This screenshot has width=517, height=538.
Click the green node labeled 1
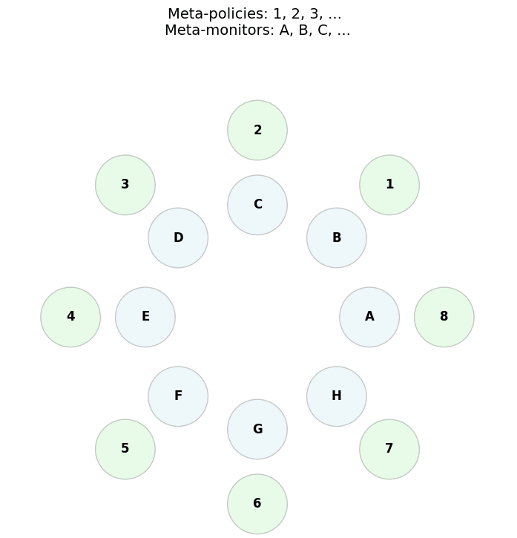coord(389,185)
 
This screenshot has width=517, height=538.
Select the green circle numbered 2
coord(257,131)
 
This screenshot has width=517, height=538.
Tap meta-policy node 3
coord(125,185)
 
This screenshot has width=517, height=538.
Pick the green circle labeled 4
coord(70,317)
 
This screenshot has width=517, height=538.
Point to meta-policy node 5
coord(125,449)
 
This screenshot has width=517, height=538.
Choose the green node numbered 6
coord(257,504)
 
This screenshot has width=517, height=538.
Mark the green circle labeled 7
coord(389,449)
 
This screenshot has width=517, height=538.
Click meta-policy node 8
coord(444,317)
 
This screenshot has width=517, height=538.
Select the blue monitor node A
coord(369,317)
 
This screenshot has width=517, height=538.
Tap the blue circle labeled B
coord(337,238)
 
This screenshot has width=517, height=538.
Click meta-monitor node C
coord(257,205)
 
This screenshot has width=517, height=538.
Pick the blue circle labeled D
coord(178,238)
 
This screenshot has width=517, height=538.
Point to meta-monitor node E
coord(145,317)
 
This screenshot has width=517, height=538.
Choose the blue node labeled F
coord(178,396)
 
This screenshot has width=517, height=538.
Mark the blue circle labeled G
coord(257,429)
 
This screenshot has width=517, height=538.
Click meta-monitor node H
coord(337,396)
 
